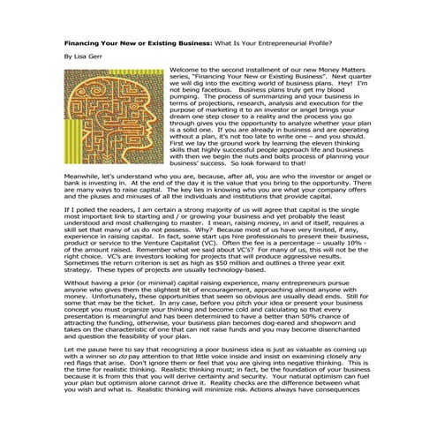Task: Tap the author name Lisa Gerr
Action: pos(87,56)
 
